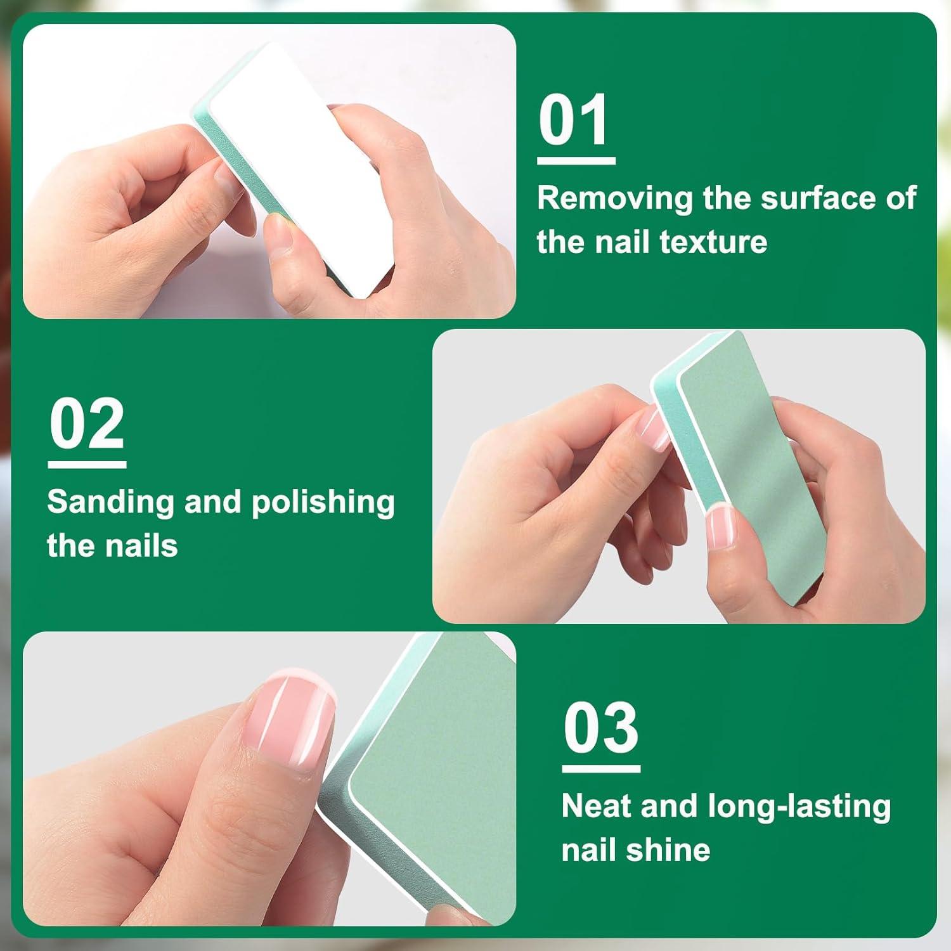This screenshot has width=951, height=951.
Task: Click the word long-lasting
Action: point(799,808)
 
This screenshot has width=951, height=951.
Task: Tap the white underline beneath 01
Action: point(576,161)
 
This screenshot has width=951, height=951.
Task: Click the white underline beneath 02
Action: point(87,465)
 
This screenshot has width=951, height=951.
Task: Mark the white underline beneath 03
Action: point(601,769)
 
